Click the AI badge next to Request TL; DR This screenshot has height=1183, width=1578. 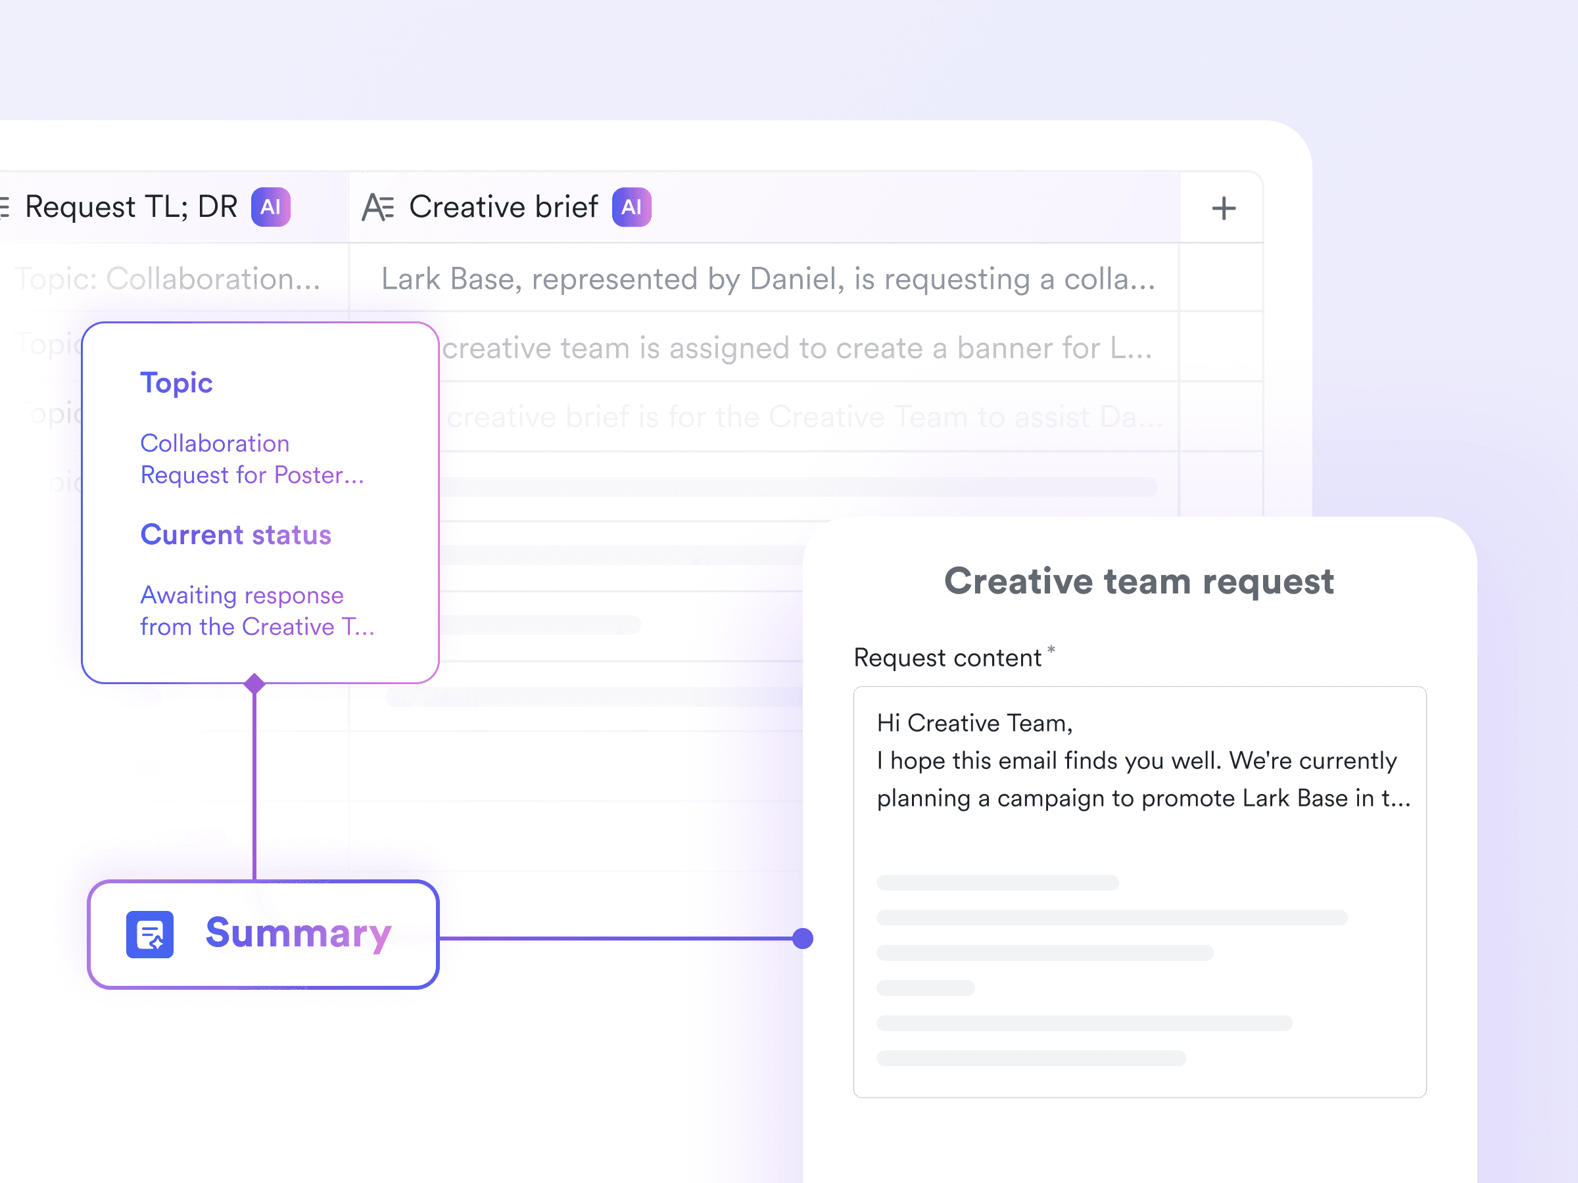pos(270,207)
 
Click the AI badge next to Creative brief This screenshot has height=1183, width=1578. pos(631,207)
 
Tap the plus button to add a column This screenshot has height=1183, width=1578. pos(1224,208)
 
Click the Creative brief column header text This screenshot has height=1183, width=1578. pos(503,207)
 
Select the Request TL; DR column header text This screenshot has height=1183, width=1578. pos(131,207)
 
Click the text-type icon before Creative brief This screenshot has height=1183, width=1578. pos(377,208)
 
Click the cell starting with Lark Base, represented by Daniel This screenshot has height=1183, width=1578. pos(767,279)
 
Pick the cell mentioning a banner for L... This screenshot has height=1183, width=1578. pos(796,348)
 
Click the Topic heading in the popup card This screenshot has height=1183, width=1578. pos(176,383)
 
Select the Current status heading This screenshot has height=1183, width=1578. pos(235,535)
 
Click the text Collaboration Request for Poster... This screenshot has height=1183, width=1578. pos(251,459)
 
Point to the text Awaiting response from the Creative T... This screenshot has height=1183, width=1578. pos(256,611)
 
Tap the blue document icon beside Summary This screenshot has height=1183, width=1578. pos(150,934)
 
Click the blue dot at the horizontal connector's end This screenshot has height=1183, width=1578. pos(803,939)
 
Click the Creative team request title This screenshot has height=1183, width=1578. pos(1139,581)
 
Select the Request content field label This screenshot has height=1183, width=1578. pos(947,657)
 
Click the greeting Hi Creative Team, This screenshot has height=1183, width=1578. pos(974,723)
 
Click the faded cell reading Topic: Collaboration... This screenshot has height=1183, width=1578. pos(168,279)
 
